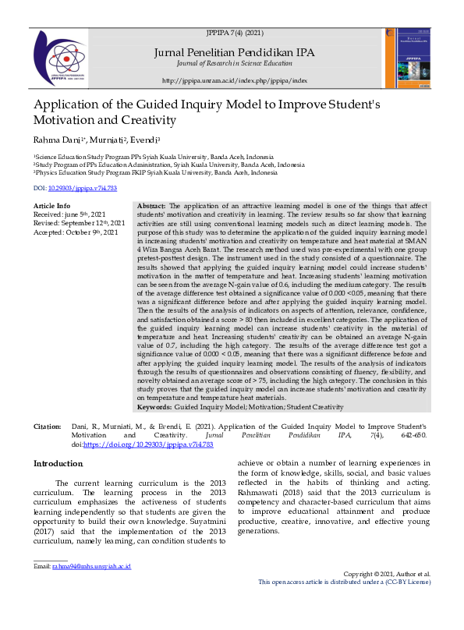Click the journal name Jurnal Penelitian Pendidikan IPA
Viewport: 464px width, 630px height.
(235, 51)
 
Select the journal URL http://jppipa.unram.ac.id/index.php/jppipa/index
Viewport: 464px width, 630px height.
(235, 80)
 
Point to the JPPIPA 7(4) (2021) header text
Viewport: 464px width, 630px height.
(235, 34)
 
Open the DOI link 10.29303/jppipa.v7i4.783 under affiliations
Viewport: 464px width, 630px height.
(82, 189)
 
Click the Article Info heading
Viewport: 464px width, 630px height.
(51, 205)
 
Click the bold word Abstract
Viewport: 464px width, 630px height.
(151, 204)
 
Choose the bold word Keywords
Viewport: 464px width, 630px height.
(154, 407)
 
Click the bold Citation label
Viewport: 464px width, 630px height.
(47, 427)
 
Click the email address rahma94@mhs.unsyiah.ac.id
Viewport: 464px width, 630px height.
(90, 566)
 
